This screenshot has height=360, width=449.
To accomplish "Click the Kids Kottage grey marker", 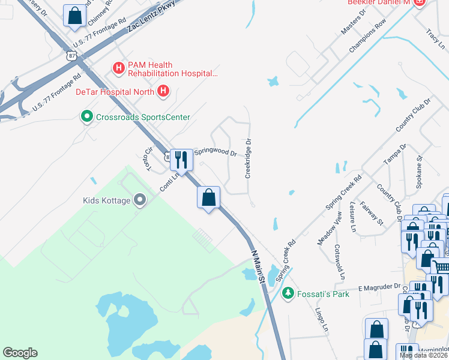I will click(x=140, y=200).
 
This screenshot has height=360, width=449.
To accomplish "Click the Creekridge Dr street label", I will click(x=248, y=160).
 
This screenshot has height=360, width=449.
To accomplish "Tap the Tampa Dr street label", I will click(x=395, y=154).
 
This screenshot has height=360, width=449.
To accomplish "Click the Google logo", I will click(x=20, y=353).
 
